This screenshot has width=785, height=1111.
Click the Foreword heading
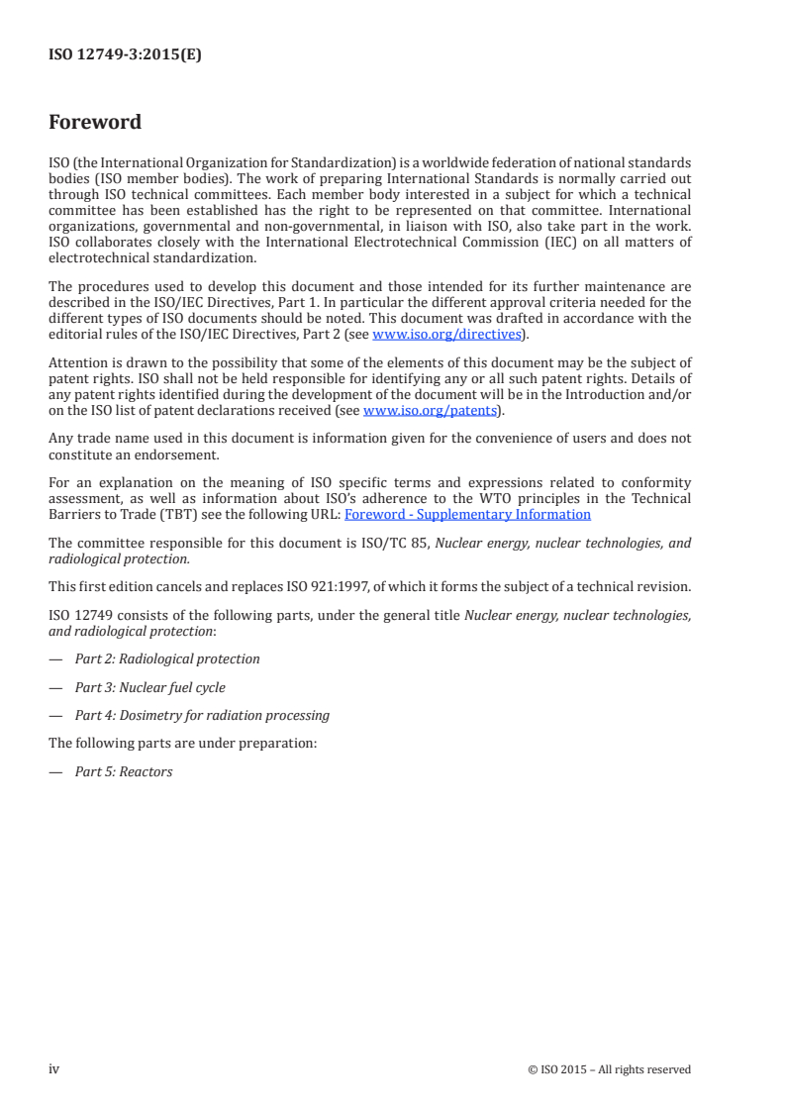coord(95,123)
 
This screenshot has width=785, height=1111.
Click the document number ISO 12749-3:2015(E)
coord(125,55)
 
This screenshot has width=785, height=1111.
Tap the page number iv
coord(54,1068)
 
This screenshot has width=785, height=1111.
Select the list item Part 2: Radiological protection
coord(167,658)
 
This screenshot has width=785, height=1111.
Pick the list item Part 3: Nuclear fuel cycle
coord(149,687)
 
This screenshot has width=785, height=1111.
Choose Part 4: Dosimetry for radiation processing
coord(202,715)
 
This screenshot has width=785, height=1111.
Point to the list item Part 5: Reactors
coord(124,771)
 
